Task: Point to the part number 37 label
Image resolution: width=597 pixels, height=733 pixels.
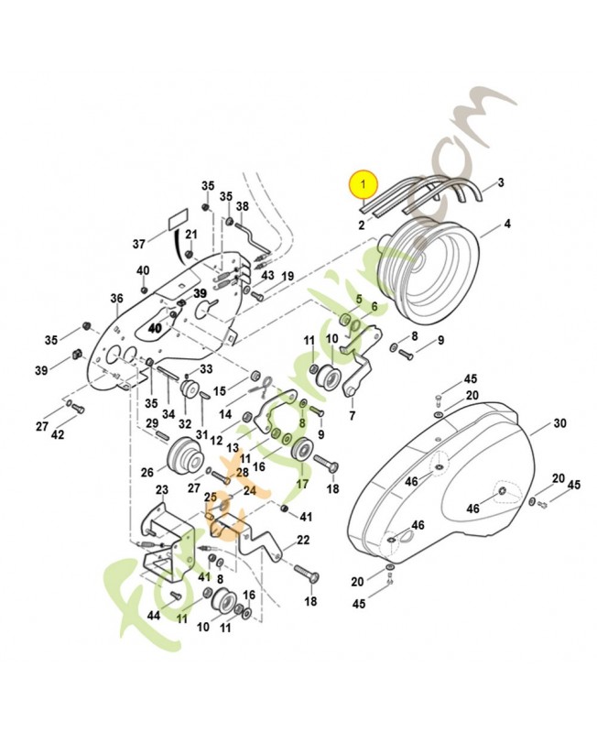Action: pos(139,244)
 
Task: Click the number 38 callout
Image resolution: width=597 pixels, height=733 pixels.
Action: pos(243,206)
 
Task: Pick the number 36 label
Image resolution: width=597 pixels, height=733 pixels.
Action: pos(116,298)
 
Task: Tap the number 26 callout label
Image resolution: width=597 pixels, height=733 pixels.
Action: pos(147,473)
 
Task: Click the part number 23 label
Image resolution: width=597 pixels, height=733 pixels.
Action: pos(162,490)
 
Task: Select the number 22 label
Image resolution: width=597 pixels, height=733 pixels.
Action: pos(303,540)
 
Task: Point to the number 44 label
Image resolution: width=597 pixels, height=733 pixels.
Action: pos(154,616)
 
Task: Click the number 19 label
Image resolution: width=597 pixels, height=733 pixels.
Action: pos(287,276)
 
